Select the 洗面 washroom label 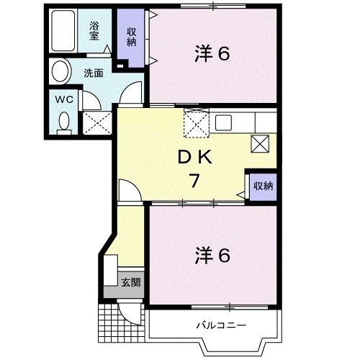[92, 72]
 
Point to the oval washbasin [60, 73]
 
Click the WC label [62, 99]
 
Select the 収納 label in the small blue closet [263, 186]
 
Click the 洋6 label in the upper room [213, 53]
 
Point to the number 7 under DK [194, 181]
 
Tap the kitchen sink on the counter [222, 120]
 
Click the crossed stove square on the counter [260, 143]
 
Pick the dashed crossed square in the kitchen [196, 123]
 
